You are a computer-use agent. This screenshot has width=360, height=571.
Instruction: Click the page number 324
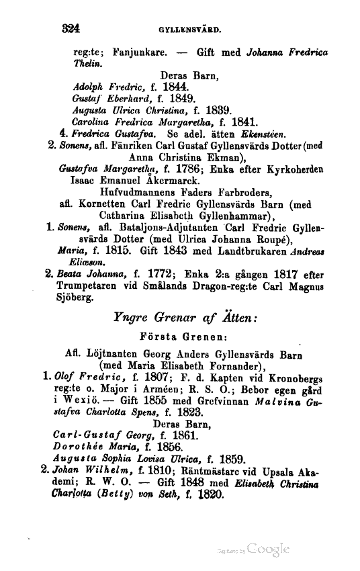tap(71, 29)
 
